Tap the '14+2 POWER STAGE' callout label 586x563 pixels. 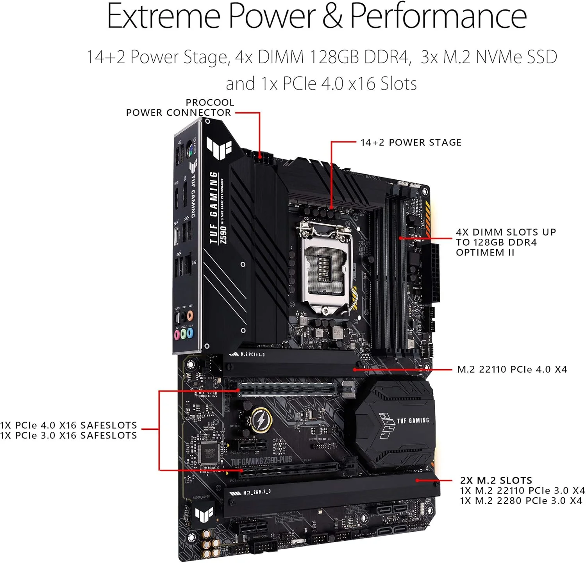411,142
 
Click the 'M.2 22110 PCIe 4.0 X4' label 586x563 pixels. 512,369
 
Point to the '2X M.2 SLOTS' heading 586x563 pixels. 496,480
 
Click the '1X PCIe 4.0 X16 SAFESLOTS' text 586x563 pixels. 69,425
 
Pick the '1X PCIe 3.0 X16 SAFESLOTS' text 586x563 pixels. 69,435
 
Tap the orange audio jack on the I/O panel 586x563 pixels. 190,315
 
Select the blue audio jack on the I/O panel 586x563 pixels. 190,333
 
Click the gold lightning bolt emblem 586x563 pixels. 260,420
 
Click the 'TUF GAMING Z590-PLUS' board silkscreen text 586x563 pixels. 261,461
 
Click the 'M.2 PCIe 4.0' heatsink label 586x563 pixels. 252,354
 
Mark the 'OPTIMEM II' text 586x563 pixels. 485,252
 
